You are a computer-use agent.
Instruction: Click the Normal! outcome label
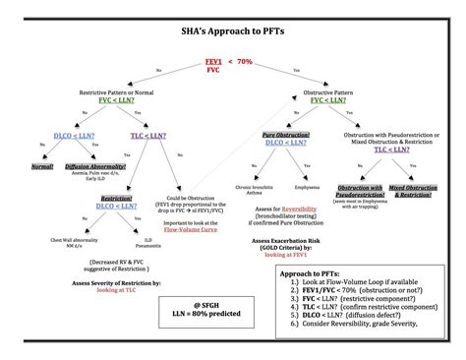(41, 167)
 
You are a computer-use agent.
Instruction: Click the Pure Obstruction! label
(282, 133)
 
